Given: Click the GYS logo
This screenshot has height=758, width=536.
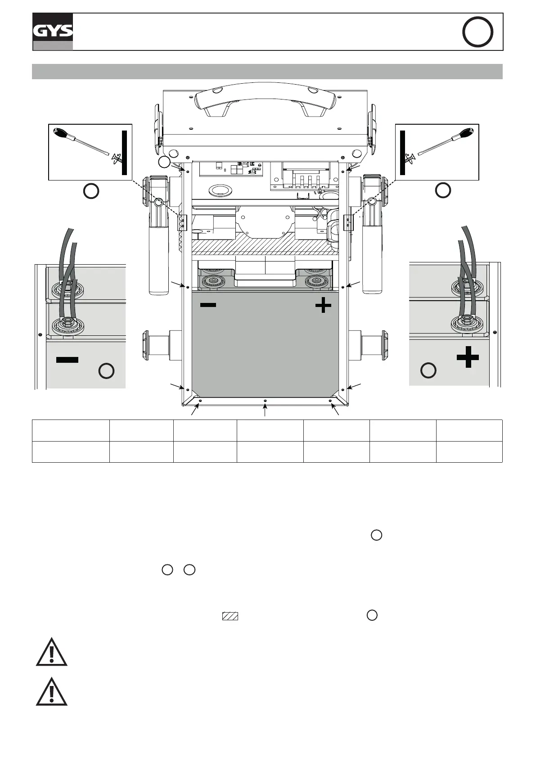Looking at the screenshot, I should click(x=53, y=31).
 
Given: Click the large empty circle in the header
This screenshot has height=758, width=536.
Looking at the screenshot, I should click(x=477, y=32).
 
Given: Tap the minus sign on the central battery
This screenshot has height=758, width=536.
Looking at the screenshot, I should click(x=208, y=305).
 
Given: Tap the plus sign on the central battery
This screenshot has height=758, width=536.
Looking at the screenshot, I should click(x=323, y=306).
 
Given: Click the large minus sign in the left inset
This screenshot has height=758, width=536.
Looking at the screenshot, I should click(x=68, y=360).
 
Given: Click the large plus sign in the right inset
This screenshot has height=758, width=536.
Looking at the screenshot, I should click(x=468, y=358).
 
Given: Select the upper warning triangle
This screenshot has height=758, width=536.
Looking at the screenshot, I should click(x=52, y=652).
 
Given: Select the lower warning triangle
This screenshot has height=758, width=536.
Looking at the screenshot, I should click(x=52, y=692).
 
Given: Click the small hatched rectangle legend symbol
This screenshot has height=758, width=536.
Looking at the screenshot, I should click(x=230, y=616).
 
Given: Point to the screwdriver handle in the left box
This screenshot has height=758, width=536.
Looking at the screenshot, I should click(x=62, y=134).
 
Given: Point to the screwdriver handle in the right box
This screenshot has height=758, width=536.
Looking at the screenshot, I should click(x=465, y=134).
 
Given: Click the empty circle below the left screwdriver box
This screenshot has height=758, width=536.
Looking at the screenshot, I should click(x=91, y=191).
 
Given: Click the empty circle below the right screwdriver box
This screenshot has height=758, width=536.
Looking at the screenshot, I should click(x=443, y=190).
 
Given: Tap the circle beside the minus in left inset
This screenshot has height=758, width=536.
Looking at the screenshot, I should click(x=106, y=371).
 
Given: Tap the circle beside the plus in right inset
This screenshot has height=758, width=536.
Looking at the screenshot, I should click(x=428, y=370).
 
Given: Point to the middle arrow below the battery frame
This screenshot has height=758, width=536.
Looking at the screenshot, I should click(x=265, y=410).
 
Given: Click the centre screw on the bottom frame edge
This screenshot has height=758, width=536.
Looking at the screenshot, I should click(x=265, y=400).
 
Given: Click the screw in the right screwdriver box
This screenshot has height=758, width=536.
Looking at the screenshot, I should click(x=409, y=158).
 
